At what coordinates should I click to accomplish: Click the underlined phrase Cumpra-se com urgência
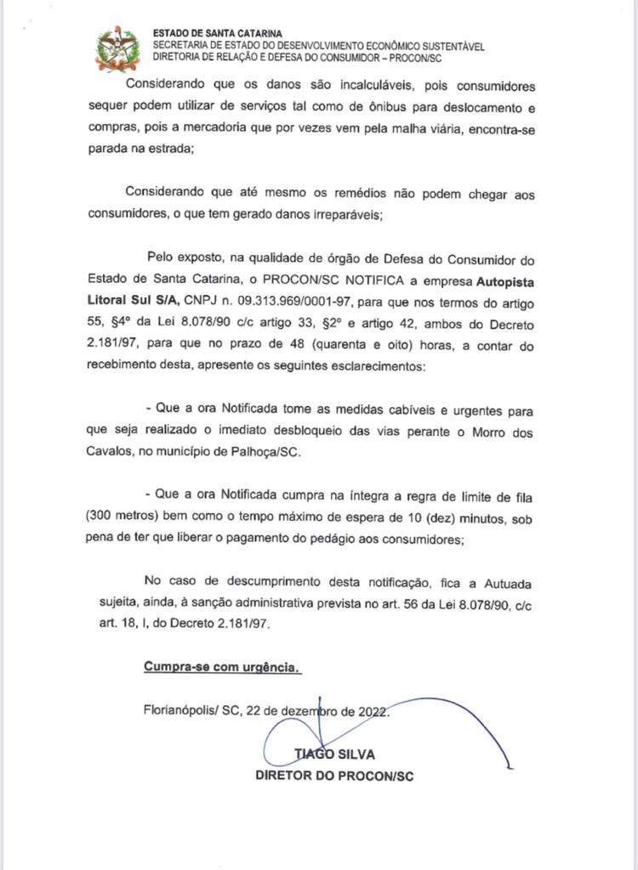222,667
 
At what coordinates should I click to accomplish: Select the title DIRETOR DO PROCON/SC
334,776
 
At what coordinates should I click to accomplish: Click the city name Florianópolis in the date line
181,711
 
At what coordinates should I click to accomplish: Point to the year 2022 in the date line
372,711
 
